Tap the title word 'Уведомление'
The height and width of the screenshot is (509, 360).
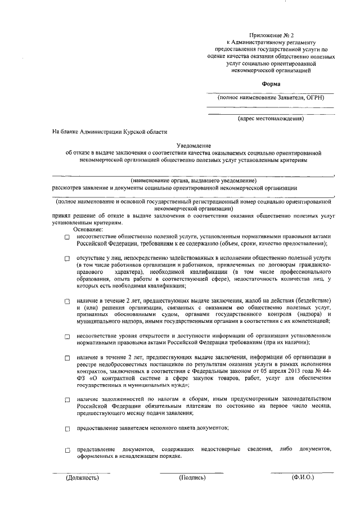click(193, 145)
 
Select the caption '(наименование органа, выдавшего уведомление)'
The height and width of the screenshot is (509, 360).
click(193, 181)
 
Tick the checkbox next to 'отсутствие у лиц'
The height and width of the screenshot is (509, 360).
click(66, 258)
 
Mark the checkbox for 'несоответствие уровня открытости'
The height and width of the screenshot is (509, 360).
click(66, 337)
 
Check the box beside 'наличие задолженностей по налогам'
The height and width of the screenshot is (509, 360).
click(66, 400)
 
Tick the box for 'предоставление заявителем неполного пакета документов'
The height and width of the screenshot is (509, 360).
click(66, 429)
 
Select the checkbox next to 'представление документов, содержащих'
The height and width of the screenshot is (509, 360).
click(66, 451)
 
